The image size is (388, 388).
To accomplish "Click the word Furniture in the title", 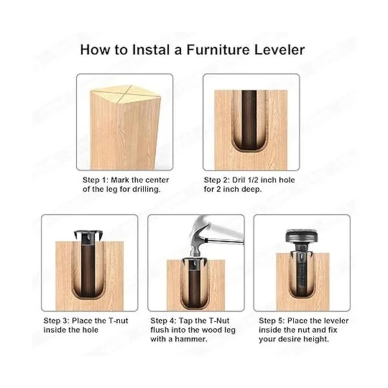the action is pos(218,50).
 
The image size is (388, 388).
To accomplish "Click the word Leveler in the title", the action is pos(279,50).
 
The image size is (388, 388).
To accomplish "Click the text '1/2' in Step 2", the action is pos(251,180).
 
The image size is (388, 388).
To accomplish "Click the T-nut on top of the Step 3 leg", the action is pos(89,235).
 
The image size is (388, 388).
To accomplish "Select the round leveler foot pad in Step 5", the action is pos(302,236).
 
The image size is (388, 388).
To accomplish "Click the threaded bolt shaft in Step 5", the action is pos(302,268).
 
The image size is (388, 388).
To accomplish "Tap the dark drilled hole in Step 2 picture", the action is pos(249,119).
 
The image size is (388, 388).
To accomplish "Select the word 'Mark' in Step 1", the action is pos(120,180).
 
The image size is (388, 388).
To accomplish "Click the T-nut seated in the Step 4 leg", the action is pos(195,263).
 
